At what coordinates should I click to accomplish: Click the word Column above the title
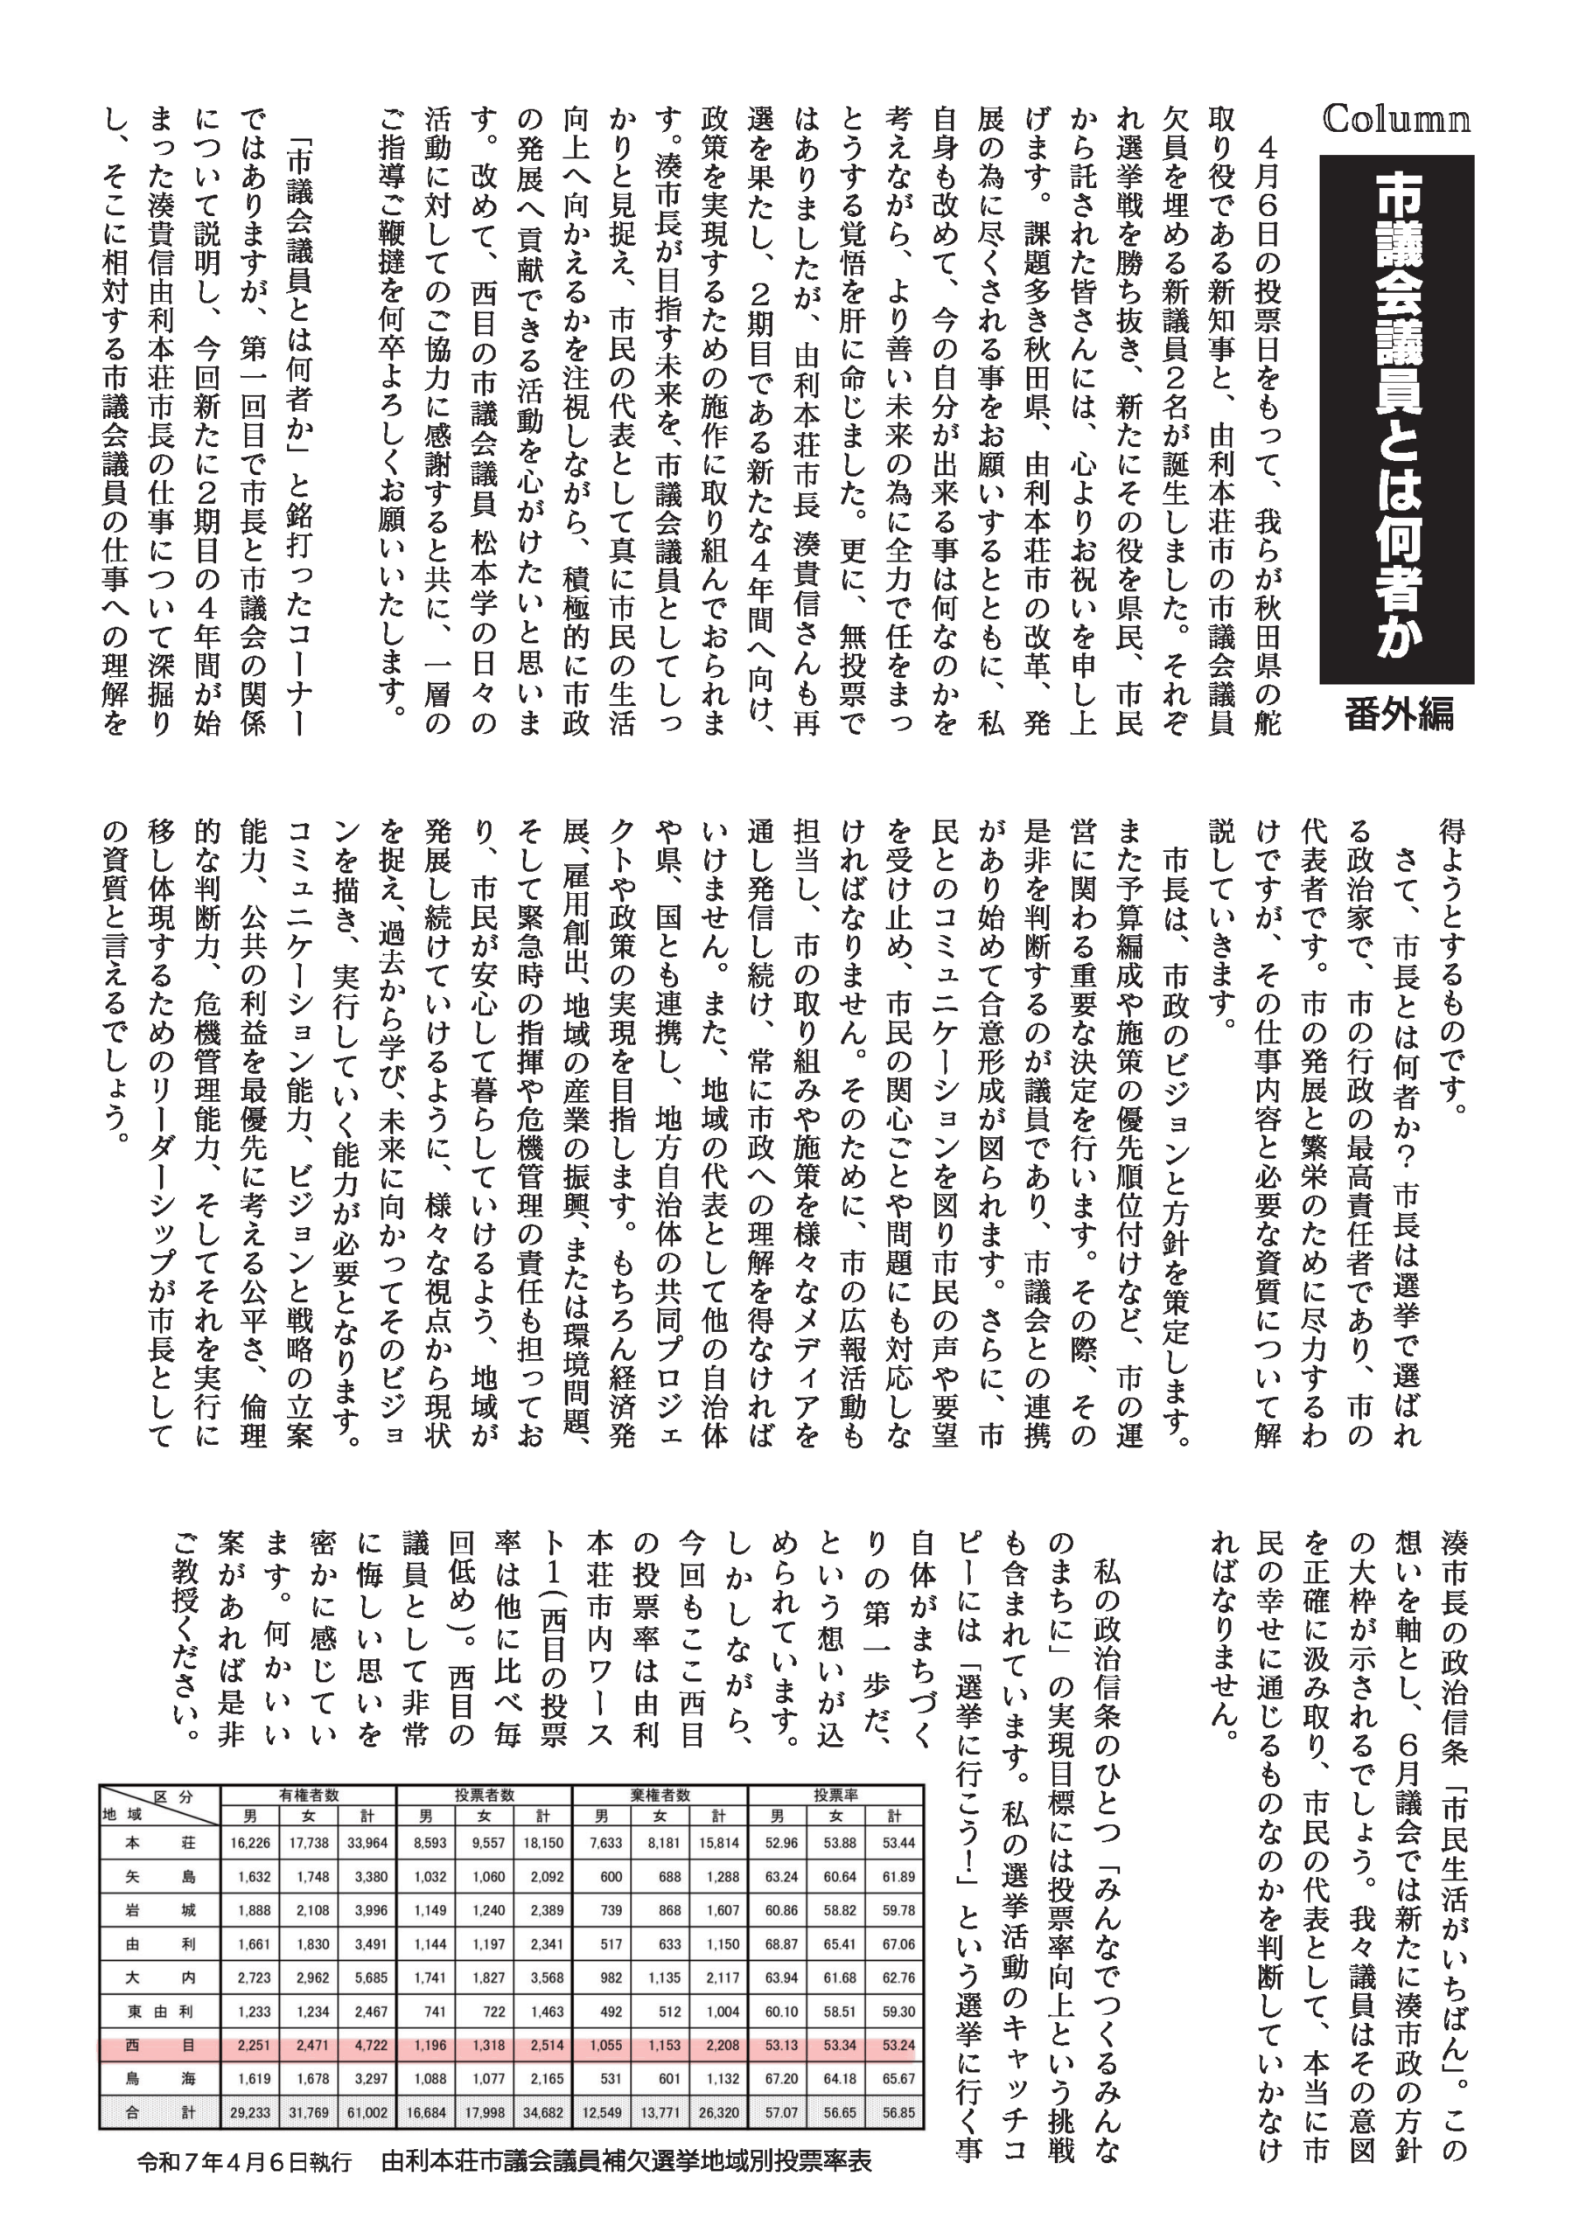(x=1395, y=119)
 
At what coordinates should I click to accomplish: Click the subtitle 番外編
(x=1399, y=715)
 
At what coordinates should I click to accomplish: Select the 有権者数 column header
(x=309, y=1795)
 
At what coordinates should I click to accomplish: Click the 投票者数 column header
(x=485, y=1795)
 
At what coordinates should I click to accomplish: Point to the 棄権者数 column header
(x=660, y=1795)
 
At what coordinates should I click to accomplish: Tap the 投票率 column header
(x=836, y=1795)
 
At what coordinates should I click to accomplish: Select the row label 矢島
(x=160, y=1877)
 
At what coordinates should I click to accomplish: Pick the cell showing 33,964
(x=367, y=1843)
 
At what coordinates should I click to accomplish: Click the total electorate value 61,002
(x=367, y=2112)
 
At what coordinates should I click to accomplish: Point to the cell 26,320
(x=719, y=2112)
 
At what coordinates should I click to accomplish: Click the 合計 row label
(x=160, y=2112)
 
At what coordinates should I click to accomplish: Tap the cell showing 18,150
(x=543, y=1843)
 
